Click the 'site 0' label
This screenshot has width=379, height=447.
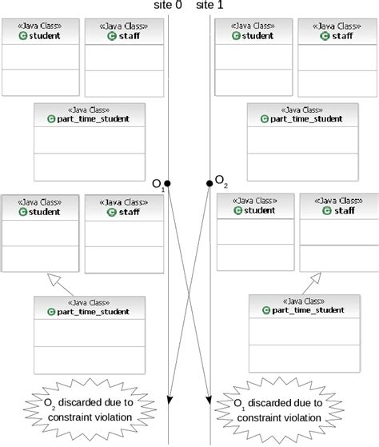[170, 6]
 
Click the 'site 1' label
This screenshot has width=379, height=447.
[210, 6]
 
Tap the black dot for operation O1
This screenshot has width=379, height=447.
[168, 184]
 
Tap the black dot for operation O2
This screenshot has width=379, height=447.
[209, 184]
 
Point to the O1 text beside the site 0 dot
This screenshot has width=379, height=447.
[158, 185]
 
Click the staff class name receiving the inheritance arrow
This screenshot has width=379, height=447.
[340, 210]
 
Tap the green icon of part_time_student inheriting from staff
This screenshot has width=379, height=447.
[266, 310]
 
